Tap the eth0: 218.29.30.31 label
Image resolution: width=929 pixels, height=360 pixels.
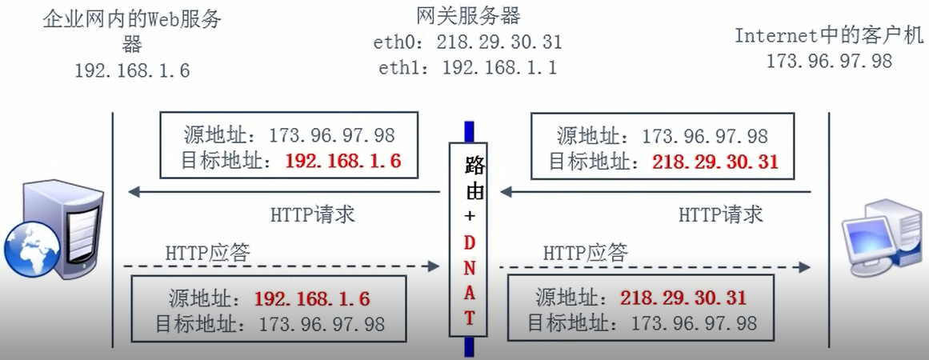pos(467,42)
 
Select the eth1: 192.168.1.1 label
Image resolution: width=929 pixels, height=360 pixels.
pos(467,68)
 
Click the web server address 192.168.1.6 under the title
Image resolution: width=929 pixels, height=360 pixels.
pos(132,70)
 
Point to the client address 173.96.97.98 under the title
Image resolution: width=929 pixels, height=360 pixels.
pos(829,61)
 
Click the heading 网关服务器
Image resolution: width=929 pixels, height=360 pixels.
pos(468,14)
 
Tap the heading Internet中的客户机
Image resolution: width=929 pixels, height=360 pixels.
pos(829,35)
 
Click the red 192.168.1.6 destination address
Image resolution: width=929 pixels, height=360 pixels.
pos(342,161)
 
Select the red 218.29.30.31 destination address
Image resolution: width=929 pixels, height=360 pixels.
pos(715,162)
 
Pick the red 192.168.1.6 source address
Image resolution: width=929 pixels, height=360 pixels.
pos(312,299)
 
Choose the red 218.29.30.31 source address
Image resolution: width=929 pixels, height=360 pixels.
pos(683,298)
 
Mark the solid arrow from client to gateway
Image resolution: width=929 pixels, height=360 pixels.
pos(656,192)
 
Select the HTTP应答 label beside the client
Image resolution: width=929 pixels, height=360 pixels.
pos(585,253)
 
